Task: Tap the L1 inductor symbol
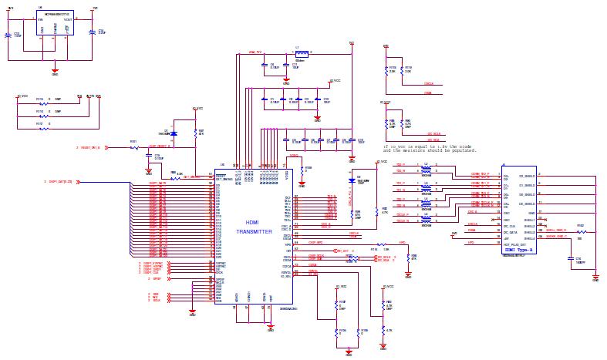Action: (x=302, y=54)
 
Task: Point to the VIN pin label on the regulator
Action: (x=41, y=19)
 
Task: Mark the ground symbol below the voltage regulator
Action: (x=54, y=72)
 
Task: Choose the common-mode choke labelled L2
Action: (x=426, y=168)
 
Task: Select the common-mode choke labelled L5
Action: (x=426, y=219)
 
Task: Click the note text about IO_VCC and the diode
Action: (x=428, y=146)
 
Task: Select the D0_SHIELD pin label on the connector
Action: (x=527, y=175)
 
